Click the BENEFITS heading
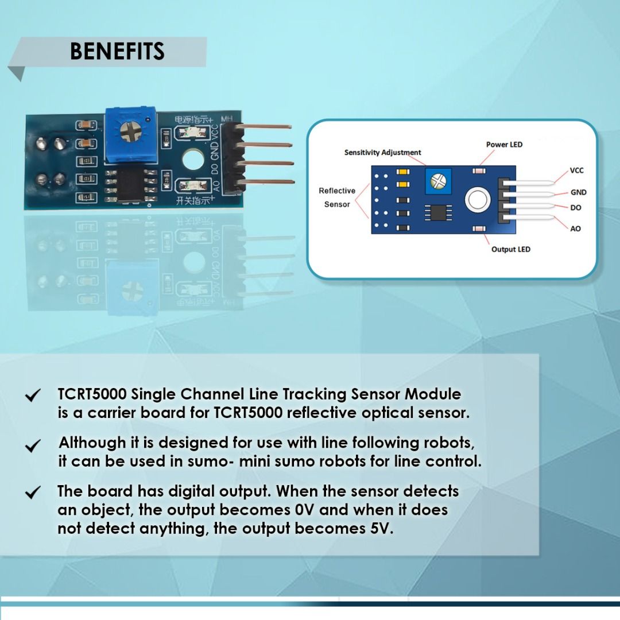pos(117,52)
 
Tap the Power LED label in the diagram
pos(504,144)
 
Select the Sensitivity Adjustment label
pos(382,152)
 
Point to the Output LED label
pos(510,249)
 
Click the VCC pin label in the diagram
pos(576,170)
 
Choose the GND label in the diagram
pos(578,192)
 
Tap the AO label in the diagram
pos(575,228)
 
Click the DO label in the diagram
pos(576,208)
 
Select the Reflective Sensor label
pos(337,197)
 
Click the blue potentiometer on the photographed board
pos(130,135)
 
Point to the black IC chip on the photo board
pos(130,184)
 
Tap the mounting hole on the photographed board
pos(193,159)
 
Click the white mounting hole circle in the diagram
pos(478,199)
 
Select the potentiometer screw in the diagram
pos(437,181)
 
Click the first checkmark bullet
pos(32,395)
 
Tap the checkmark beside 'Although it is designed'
pos(32,445)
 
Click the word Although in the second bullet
pos(92,443)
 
